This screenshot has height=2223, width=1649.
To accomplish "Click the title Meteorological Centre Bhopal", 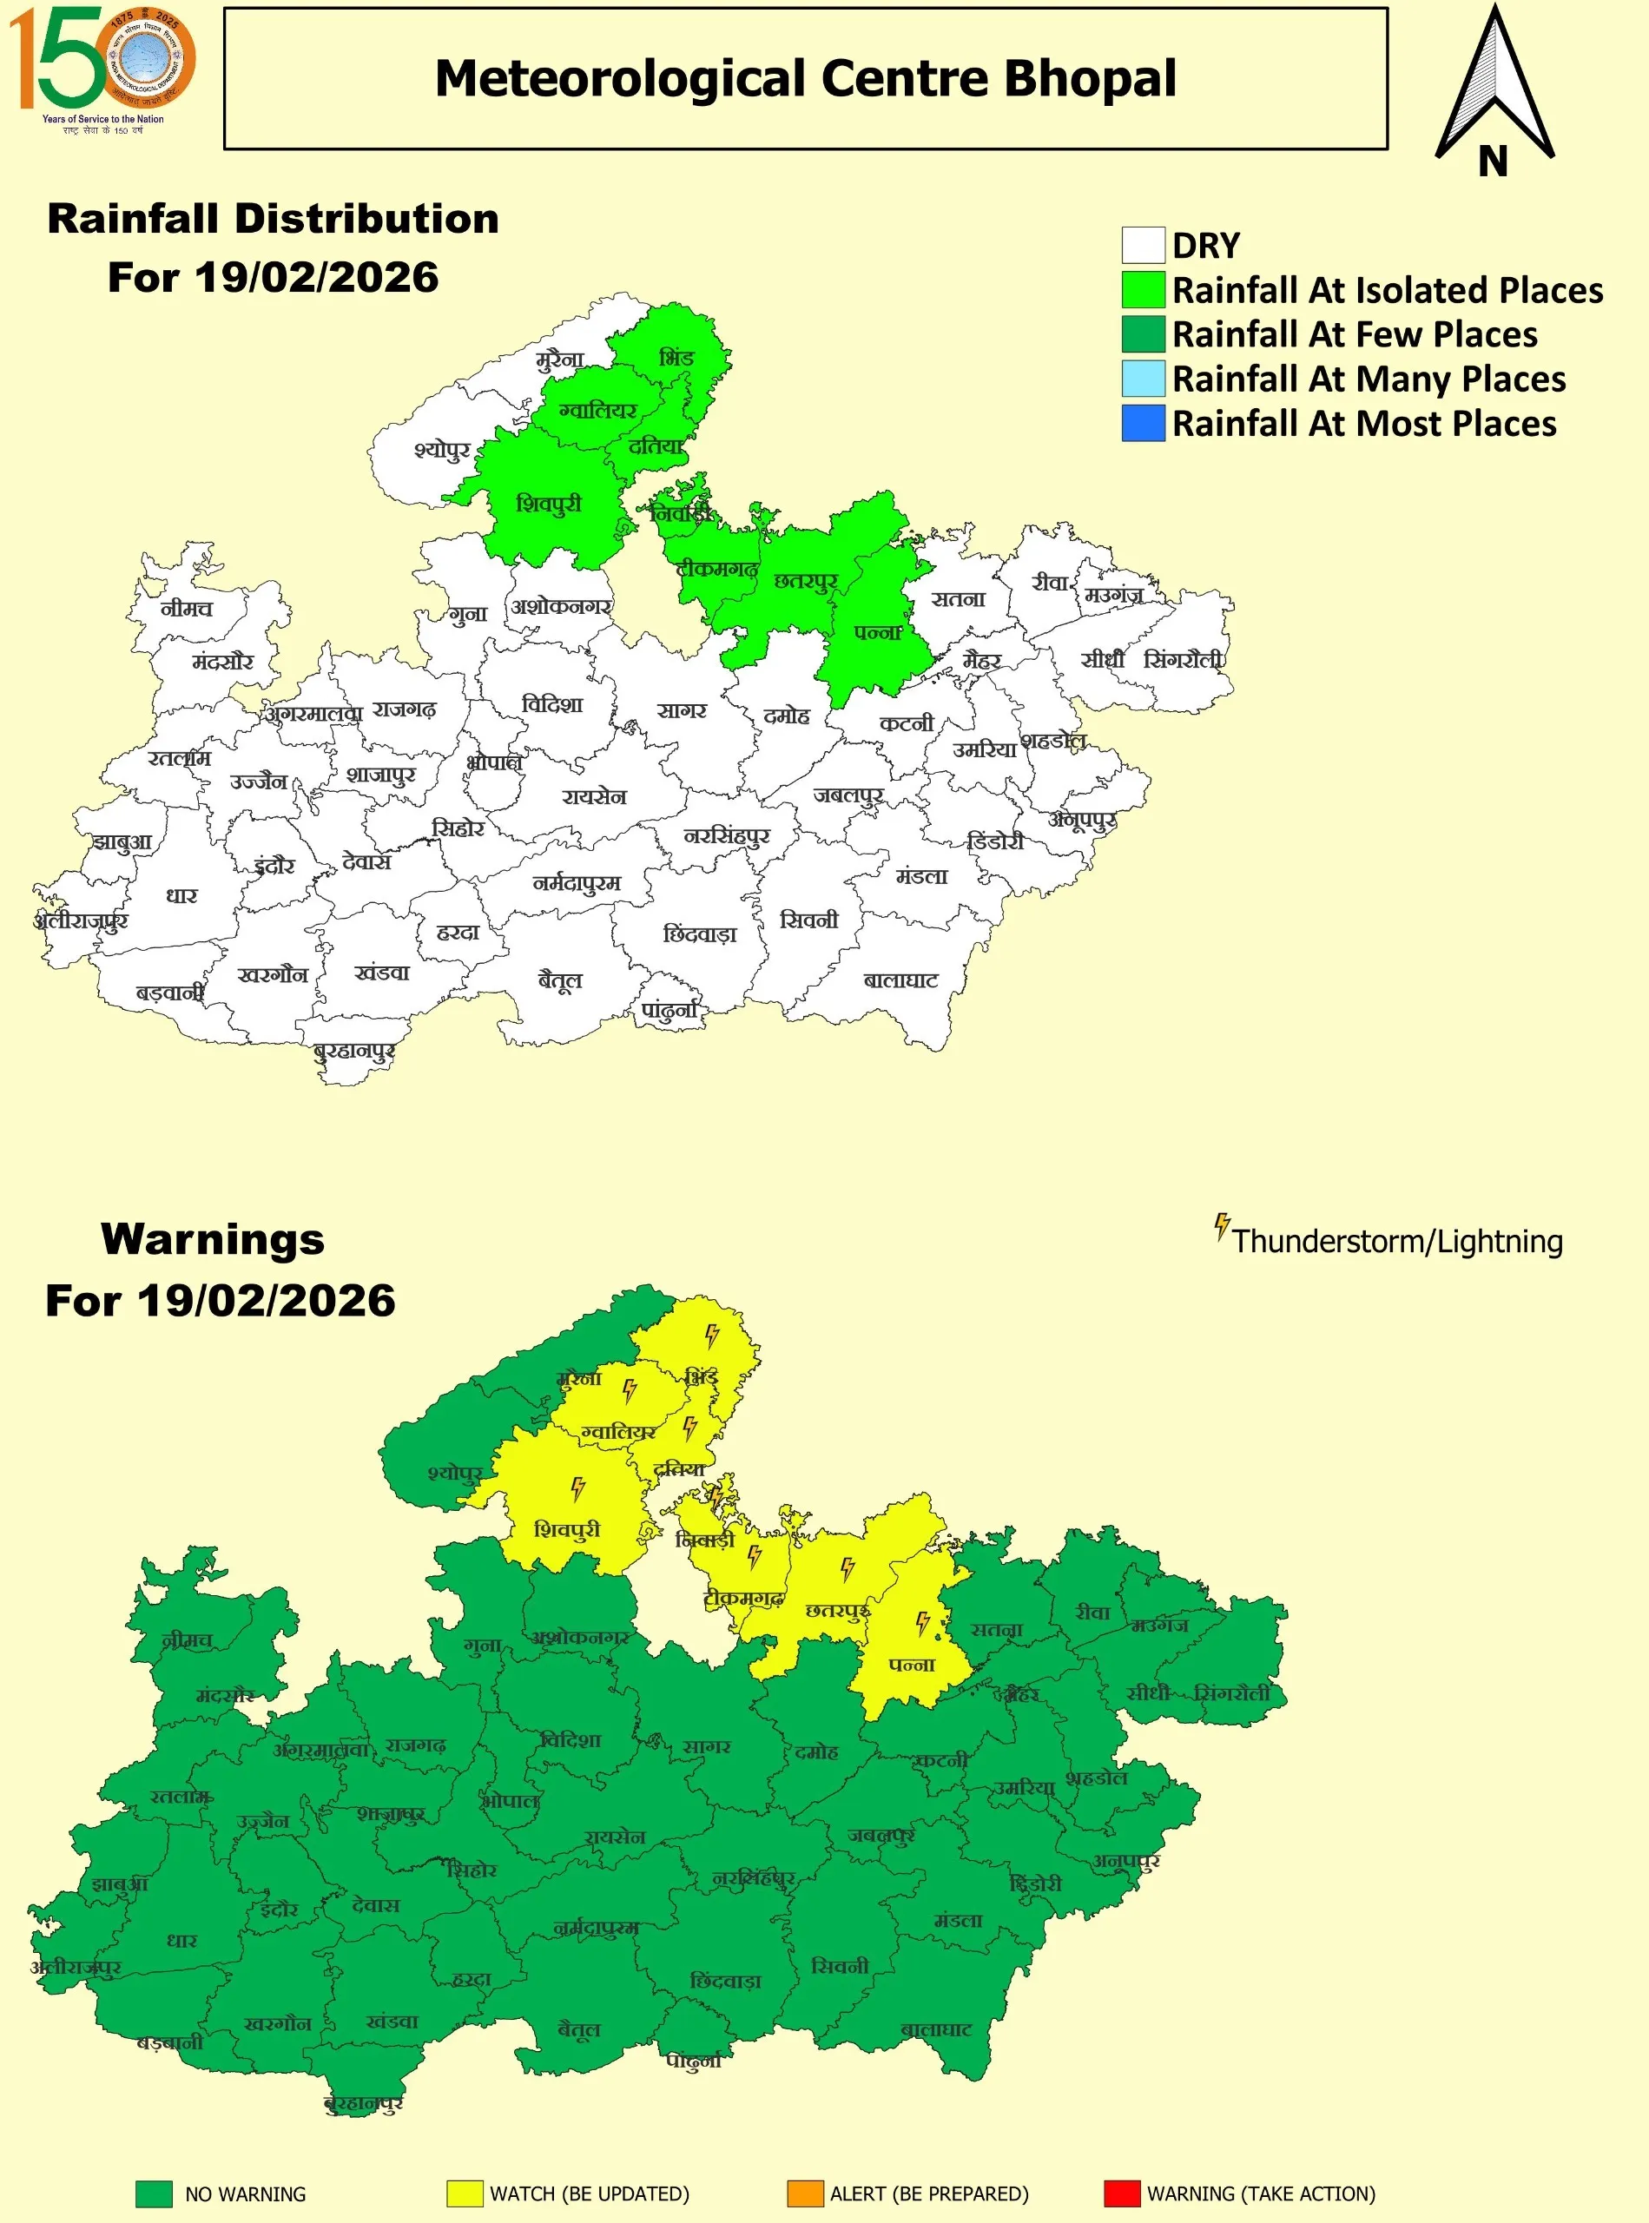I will (806, 79).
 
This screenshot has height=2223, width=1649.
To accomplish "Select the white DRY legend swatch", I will (1143, 246).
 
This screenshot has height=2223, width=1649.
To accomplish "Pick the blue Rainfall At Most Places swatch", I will (1143, 423).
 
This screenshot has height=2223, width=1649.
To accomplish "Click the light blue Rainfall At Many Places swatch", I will (1143, 379).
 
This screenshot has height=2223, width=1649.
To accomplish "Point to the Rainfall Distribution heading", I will (273, 220).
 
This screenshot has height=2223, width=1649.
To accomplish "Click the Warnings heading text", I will (213, 1240).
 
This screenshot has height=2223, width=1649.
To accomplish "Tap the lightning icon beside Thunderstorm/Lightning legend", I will (1222, 1227).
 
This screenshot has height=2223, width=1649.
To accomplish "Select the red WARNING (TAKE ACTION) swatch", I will (1122, 2194).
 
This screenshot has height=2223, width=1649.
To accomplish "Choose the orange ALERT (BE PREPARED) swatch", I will (805, 2194).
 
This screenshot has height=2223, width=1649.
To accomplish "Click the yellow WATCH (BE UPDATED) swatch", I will (465, 2194).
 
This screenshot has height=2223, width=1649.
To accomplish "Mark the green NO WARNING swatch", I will (154, 2194).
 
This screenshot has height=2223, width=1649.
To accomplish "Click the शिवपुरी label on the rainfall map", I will (548, 505).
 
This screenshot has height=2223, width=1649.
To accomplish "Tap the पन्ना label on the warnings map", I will (912, 1665).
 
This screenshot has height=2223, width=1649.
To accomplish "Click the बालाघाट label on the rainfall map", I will (900, 980).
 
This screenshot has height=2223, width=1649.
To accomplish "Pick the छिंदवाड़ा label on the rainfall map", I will (700, 934).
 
